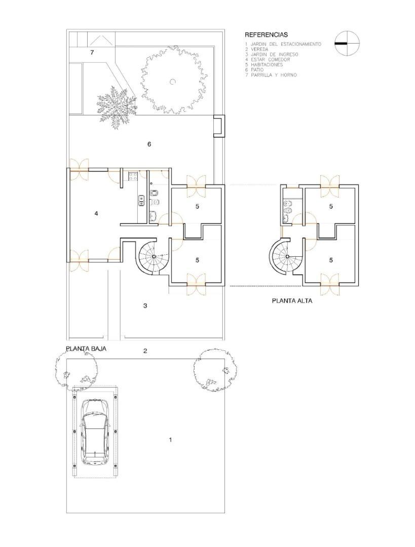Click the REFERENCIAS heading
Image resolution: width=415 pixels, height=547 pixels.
[266, 35]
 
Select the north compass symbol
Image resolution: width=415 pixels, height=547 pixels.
[347, 44]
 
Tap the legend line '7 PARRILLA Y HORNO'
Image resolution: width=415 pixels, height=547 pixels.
[271, 75]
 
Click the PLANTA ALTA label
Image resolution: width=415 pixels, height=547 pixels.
[292, 300]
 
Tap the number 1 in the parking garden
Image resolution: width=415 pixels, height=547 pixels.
[170, 440]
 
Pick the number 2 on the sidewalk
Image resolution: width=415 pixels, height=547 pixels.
[145, 351]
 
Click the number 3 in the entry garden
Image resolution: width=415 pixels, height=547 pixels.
[145, 305]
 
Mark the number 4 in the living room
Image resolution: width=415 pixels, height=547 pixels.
[96, 214]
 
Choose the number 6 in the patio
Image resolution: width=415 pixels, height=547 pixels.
[149, 144]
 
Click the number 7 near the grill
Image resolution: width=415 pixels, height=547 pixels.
[92, 52]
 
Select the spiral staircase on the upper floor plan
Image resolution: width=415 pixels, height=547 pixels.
[286, 257]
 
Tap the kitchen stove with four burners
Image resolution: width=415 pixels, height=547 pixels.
[134, 177]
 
